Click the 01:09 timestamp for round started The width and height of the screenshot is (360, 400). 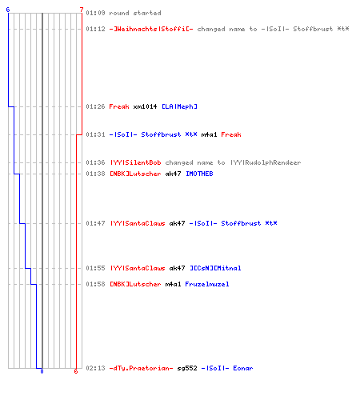pyautogui.click(x=95, y=13)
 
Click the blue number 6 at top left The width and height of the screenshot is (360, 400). pyautogui.click(x=8, y=10)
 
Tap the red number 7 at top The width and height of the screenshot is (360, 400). pyautogui.click(x=82, y=10)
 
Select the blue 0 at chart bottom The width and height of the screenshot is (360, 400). pyautogui.click(x=42, y=371)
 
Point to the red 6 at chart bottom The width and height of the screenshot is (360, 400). pyautogui.click(x=76, y=371)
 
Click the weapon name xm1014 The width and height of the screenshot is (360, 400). pyautogui.click(x=145, y=106)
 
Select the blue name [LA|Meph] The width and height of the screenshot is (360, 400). pyautogui.click(x=180, y=106)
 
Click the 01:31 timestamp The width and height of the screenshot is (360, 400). pyautogui.click(x=95, y=134)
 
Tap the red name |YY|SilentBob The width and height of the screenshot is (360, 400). pyautogui.click(x=135, y=162)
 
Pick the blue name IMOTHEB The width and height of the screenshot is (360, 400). pyautogui.click(x=199, y=174)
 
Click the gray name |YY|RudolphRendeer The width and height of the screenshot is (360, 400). pyautogui.click(x=266, y=162)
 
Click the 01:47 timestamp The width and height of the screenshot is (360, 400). pyautogui.click(x=95, y=223)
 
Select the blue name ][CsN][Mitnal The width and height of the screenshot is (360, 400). pyautogui.click(x=215, y=268)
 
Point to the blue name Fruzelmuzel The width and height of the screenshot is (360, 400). pyautogui.click(x=207, y=284)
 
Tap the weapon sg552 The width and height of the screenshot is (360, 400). pyautogui.click(x=187, y=368)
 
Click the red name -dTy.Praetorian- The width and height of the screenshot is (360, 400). pyautogui.click(x=141, y=368)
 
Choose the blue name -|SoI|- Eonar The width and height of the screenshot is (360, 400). pyautogui.click(x=227, y=368)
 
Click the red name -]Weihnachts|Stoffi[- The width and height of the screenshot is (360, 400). pyautogui.click(x=151, y=29)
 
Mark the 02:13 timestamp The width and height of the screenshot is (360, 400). pyautogui.click(x=95, y=368)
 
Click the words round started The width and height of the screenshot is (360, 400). pyautogui.click(x=135, y=13)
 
